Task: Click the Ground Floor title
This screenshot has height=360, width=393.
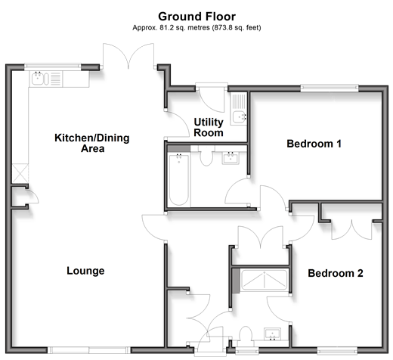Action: (x=196, y=17)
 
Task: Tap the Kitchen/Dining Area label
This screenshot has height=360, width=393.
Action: (x=92, y=143)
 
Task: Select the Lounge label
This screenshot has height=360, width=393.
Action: (x=85, y=271)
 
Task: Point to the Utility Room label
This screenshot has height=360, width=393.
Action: (x=209, y=127)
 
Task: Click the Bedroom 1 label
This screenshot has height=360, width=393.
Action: (x=314, y=144)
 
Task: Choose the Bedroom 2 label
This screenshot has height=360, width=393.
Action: (x=336, y=273)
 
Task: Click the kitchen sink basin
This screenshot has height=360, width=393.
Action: (x=38, y=79)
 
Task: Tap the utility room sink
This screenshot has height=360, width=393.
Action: (x=240, y=117)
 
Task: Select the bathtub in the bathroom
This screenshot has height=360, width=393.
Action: (x=179, y=180)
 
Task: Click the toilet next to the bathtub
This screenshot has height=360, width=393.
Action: (x=206, y=157)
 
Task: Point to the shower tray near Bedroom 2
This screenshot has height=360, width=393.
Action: (x=265, y=280)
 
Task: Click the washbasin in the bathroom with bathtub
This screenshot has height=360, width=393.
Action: (x=231, y=158)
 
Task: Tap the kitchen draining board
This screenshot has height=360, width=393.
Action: (x=56, y=79)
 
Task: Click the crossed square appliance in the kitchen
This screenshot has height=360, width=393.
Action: (x=20, y=173)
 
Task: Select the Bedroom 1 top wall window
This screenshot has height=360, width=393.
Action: (x=330, y=88)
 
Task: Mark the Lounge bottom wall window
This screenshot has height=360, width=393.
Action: (x=89, y=350)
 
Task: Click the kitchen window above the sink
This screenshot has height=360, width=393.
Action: (x=53, y=66)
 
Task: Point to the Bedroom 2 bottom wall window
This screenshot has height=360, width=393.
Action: (x=337, y=350)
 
